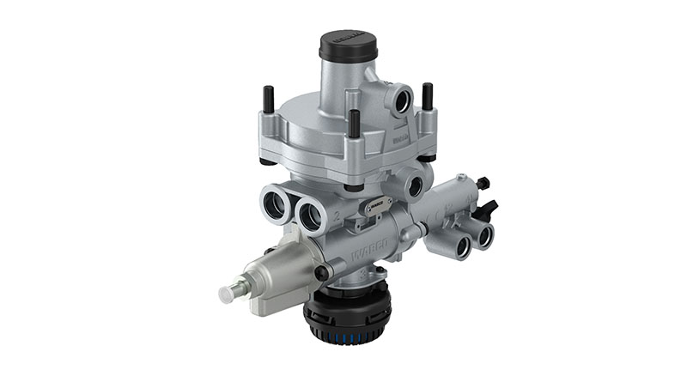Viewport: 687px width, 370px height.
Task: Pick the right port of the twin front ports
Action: tap(310, 214)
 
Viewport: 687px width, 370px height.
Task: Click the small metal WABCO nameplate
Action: tap(377, 203)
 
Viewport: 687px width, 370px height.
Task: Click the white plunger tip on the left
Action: tap(228, 294)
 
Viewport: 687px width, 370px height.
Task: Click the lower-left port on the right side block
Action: tap(461, 246)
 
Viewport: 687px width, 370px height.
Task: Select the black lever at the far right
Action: tap(489, 208)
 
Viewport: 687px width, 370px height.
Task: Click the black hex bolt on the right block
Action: tap(482, 182)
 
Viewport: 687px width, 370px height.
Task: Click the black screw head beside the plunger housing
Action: tap(320, 273)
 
